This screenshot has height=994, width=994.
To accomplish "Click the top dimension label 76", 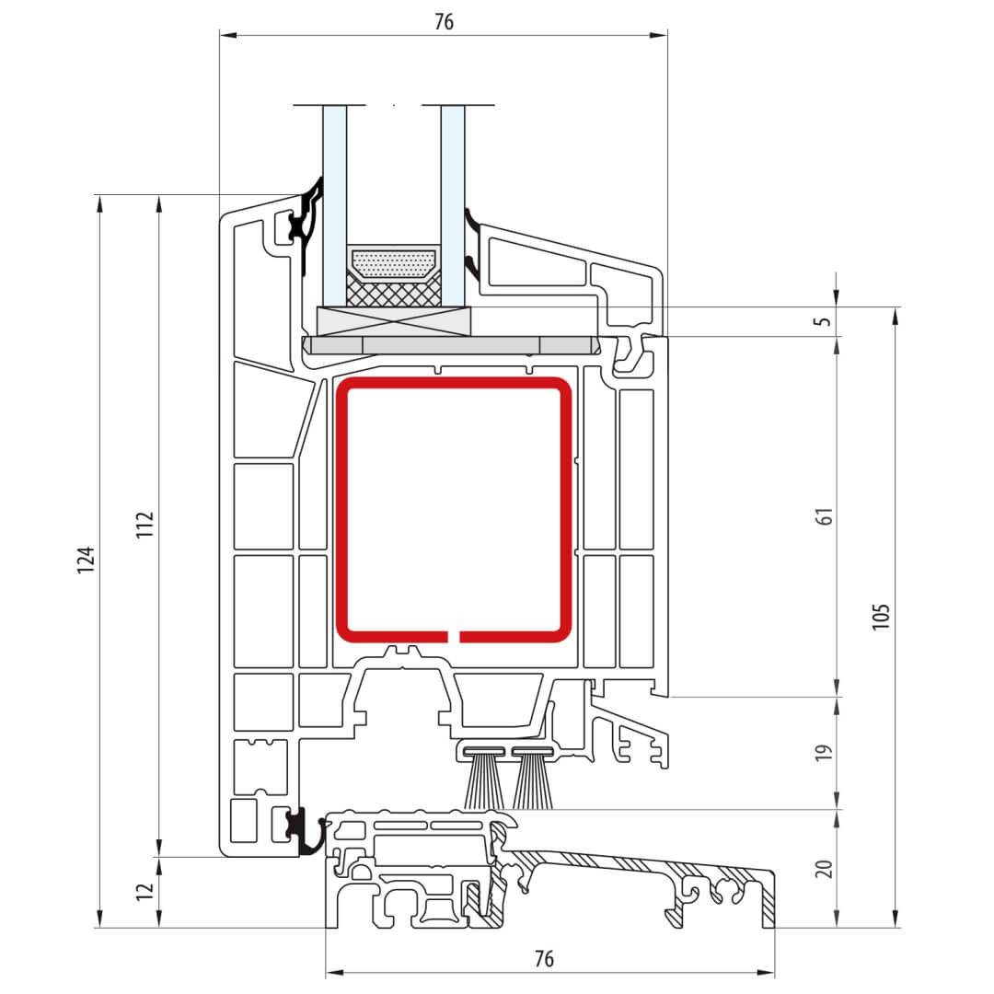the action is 444,21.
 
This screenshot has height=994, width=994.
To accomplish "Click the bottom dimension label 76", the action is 544,958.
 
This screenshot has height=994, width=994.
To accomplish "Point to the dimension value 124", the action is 86,560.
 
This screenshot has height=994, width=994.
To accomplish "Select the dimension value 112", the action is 145,525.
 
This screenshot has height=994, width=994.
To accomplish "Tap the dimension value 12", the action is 145,891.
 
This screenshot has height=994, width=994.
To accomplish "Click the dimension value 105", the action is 881,616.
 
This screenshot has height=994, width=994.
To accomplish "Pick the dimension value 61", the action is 825,516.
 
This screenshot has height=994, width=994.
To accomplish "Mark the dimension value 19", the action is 824,753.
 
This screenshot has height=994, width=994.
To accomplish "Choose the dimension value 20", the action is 824,869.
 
